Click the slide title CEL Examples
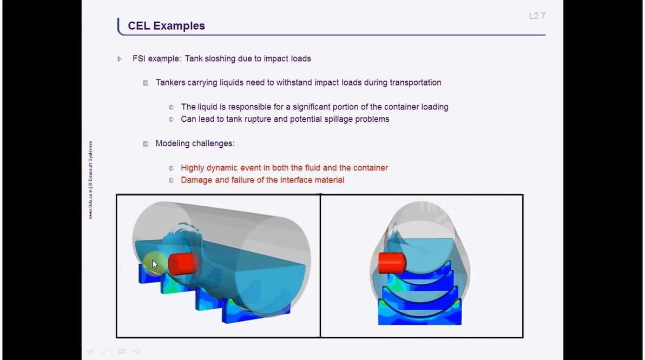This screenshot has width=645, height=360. click(166, 25)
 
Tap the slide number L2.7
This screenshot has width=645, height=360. click(537, 16)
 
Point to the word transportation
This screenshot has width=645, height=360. click(415, 83)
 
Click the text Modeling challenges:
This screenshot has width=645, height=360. click(195, 143)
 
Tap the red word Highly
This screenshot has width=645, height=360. click(193, 168)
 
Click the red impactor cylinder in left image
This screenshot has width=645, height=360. click(182, 264)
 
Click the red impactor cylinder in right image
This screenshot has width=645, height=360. click(392, 263)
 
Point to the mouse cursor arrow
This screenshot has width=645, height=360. click(154, 264)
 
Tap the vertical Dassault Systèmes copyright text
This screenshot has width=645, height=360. click(90, 179)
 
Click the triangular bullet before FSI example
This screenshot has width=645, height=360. click(120, 59)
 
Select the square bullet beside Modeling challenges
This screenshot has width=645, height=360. click(146, 144)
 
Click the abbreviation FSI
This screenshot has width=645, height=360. click(140, 58)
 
